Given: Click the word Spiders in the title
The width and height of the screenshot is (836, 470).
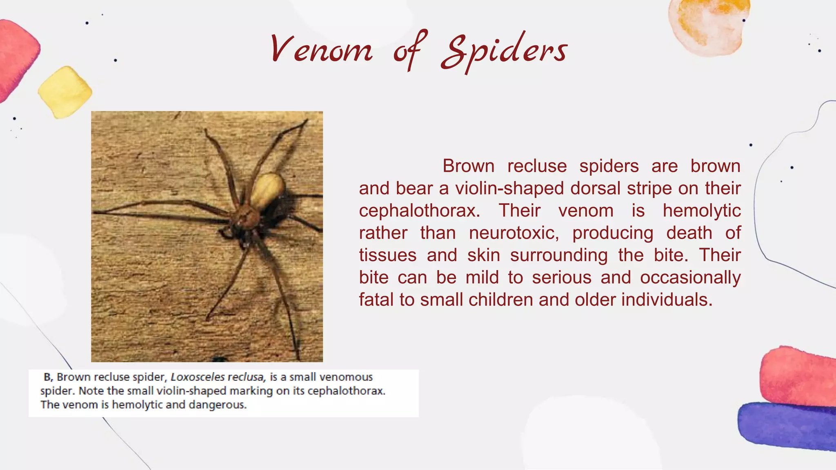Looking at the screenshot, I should click(x=504, y=52).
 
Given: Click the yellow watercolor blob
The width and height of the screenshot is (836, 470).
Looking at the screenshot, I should click(x=65, y=93).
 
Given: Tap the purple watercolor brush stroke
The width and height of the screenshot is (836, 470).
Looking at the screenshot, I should click(x=786, y=426).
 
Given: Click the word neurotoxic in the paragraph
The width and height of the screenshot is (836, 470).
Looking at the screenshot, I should click(x=514, y=233).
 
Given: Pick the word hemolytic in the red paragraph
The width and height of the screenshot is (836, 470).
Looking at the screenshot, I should click(x=701, y=211).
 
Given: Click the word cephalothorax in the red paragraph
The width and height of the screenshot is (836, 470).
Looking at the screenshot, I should click(x=419, y=211).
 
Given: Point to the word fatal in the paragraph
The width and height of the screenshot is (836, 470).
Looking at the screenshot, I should click(x=376, y=300).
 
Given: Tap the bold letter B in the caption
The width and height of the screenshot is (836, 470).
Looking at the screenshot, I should click(x=47, y=377).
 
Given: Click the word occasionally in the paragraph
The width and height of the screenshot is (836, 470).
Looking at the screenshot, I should click(x=690, y=278).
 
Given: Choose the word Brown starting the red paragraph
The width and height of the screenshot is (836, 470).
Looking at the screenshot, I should click(x=468, y=166).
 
